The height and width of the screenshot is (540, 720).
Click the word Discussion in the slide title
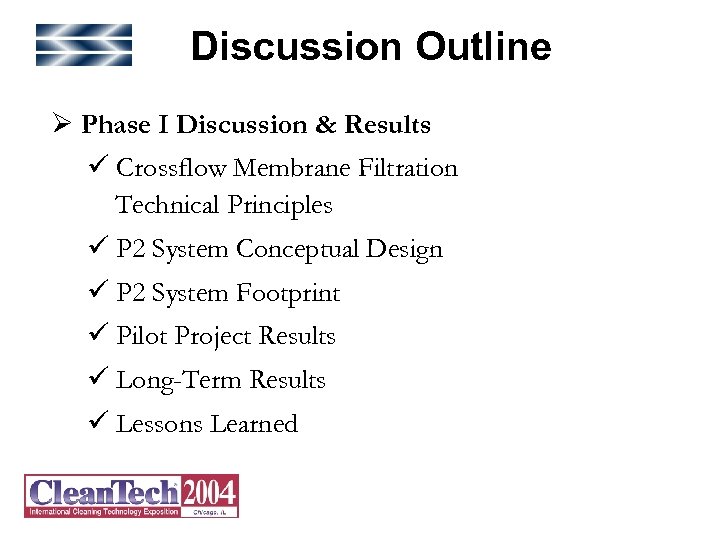coord(296,47)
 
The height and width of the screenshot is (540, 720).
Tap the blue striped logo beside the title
coord(84,45)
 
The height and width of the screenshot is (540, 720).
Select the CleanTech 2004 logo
coord(131,496)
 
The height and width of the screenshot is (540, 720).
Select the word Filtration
coord(409,168)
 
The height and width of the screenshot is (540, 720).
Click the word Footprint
coord(288,293)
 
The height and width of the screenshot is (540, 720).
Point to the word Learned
coord(254,424)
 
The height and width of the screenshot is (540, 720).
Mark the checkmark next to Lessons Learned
coord(98,424)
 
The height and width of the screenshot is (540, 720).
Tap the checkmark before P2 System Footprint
coord(98,293)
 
